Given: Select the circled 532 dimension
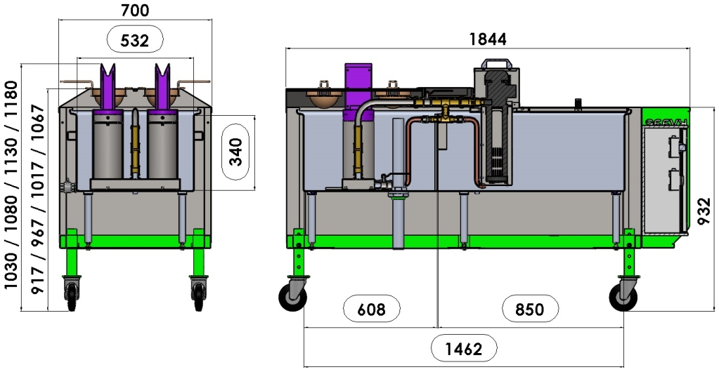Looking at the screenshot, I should pos(135,41).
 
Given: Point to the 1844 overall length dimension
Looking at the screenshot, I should pos(487,39).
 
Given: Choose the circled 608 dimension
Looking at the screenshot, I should pos(371,309).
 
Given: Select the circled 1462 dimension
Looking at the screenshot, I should pos(463,348).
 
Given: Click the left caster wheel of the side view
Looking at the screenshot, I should pos(291,299).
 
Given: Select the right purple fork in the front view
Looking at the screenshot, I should pos(162,88).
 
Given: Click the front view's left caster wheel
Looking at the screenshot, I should pos(71,294).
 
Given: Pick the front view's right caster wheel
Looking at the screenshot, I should pos(198,294).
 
